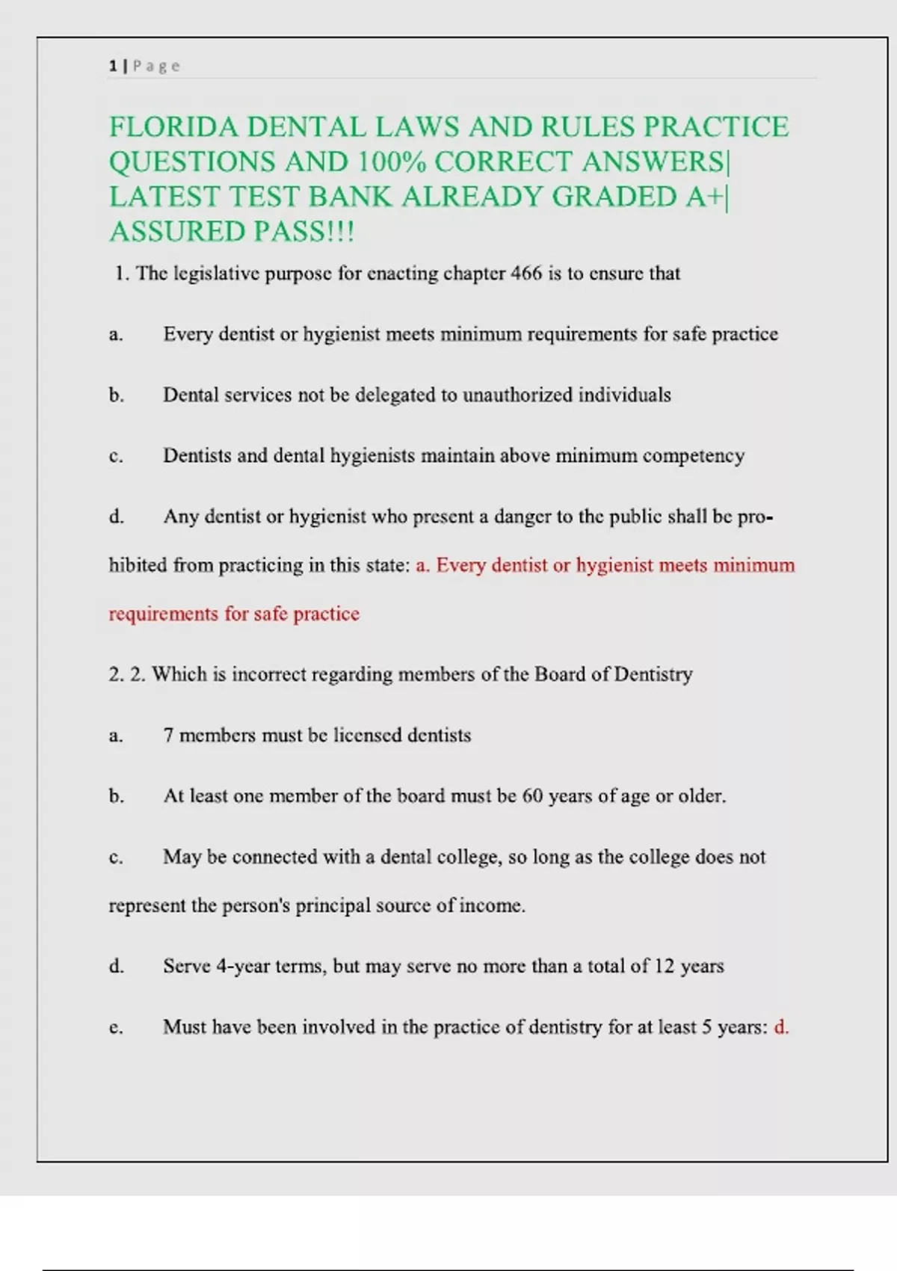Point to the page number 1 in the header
(113, 66)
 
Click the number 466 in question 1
(526, 274)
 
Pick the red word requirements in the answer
(164, 614)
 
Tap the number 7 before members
(168, 736)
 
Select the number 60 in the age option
(532, 796)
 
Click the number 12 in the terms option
(665, 966)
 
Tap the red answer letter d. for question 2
(781, 1027)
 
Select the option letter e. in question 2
(116, 1027)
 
